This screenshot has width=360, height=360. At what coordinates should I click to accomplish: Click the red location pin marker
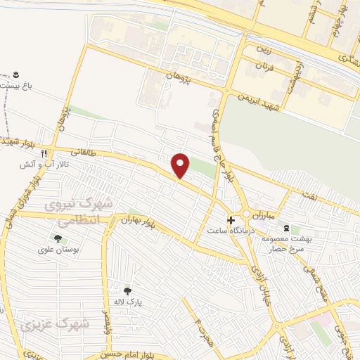tap(181, 165)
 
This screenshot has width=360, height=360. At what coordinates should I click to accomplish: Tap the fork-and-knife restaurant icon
tap(44, 153)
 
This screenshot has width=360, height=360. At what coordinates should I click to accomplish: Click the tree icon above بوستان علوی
tap(57, 238)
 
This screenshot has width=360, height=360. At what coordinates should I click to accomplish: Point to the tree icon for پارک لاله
tap(127, 290)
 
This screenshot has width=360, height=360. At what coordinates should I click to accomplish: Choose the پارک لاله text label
tap(128, 302)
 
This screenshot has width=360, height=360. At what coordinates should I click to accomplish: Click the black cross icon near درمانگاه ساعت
tap(231, 219)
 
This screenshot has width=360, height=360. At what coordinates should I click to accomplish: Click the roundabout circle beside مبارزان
tap(247, 214)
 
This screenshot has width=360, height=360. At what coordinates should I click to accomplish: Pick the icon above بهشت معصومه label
tap(285, 227)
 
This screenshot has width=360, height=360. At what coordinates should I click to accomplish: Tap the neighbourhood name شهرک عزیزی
tap(85, 324)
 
